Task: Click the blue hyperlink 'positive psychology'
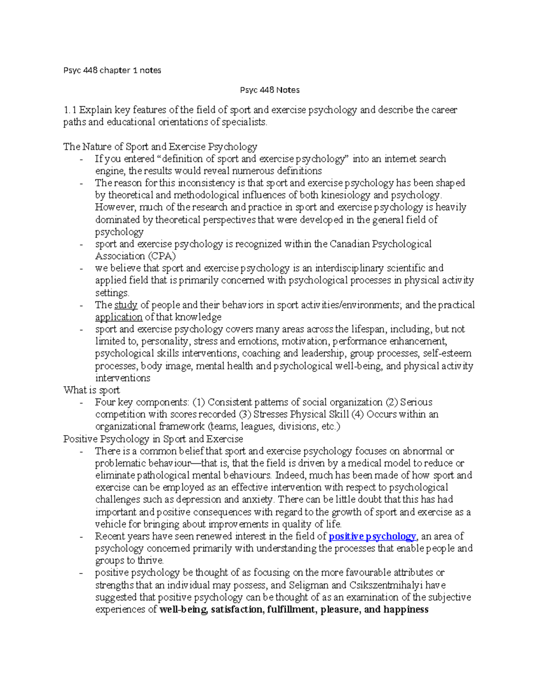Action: [373, 537]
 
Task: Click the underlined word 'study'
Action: [126, 305]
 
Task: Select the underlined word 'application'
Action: [118, 317]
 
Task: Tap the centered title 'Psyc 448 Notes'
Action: [270, 90]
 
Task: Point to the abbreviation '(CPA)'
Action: [162, 256]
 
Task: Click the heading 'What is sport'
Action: [91, 390]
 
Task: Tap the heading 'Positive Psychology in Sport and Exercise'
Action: [153, 439]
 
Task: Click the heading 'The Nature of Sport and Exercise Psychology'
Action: [160, 147]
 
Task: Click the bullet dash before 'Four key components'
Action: [81, 402]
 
